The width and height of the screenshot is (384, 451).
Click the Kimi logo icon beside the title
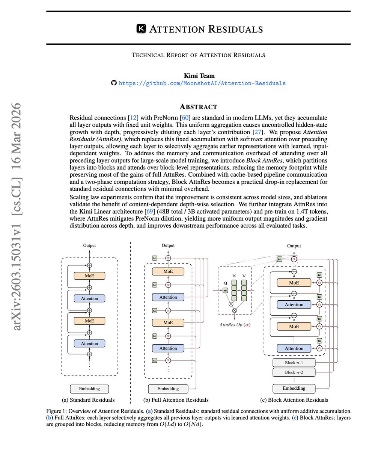coord(141,29)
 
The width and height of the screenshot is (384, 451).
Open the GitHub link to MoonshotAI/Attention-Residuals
coord(202,83)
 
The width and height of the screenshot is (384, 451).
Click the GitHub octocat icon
coord(114,83)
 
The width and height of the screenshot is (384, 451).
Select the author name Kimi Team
coord(199,76)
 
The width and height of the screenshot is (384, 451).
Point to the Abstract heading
coord(198,106)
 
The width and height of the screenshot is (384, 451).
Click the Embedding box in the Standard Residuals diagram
coord(89,389)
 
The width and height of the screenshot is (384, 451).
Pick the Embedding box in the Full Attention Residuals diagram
coord(168,389)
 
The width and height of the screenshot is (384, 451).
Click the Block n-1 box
coord(294,363)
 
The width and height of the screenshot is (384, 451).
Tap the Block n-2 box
coord(294,372)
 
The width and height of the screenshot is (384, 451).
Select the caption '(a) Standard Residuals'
coord(88,400)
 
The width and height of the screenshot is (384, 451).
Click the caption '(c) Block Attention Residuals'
coord(294,400)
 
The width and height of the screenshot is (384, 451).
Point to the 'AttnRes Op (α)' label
coord(235,324)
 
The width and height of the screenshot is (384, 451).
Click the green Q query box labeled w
coord(225,290)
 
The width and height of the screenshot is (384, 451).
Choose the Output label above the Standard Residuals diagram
coord(89,245)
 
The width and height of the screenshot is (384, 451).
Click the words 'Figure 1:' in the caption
coord(57,411)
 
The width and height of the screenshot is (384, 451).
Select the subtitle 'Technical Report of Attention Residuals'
coord(198,55)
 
